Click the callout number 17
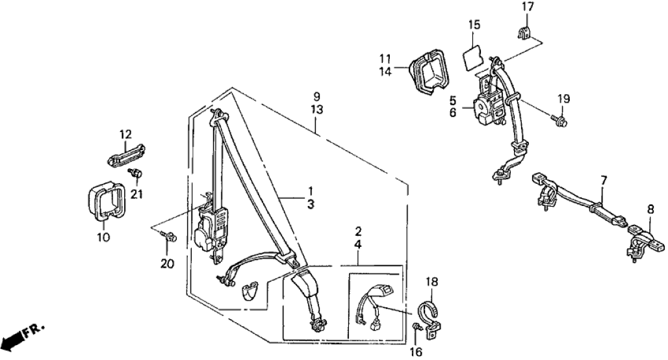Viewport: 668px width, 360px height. [x=528, y=7]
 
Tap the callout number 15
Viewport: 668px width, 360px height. [x=474, y=25]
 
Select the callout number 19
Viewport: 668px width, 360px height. [x=563, y=99]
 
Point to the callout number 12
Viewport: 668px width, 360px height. [x=125, y=135]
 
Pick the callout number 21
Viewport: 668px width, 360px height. [x=137, y=193]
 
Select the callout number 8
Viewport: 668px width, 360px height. [x=651, y=209]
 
